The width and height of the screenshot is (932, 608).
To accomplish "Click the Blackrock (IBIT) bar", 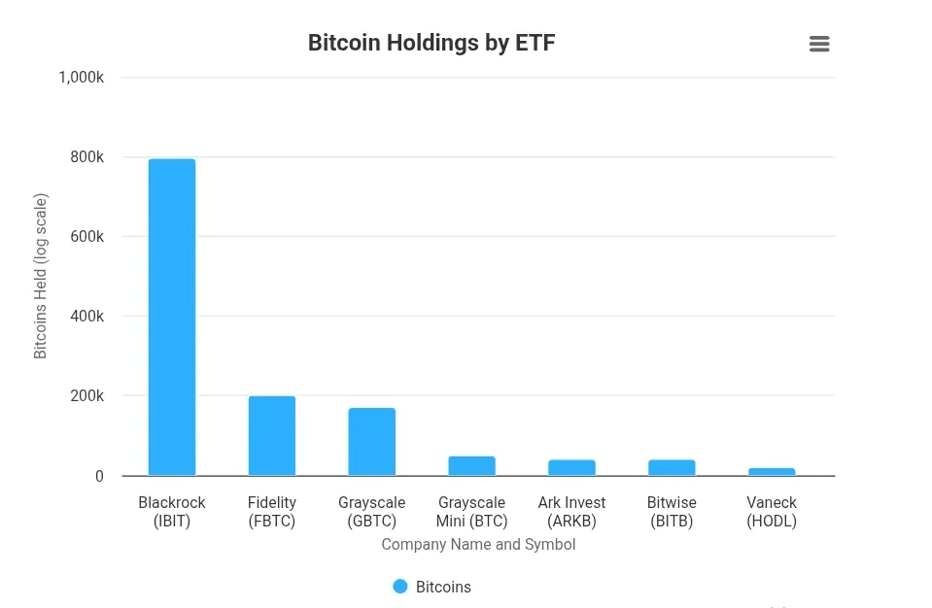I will pyautogui.click(x=172, y=318).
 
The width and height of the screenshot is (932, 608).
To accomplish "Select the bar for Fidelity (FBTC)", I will pyautogui.click(x=272, y=436).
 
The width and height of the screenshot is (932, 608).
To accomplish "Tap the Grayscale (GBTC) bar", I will pyautogui.click(x=372, y=442).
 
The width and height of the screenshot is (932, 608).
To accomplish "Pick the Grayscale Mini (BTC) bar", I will pyautogui.click(x=472, y=466).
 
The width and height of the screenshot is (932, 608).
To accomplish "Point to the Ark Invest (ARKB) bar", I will pyautogui.click(x=571, y=468).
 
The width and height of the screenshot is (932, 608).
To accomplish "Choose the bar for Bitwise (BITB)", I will pyautogui.click(x=672, y=468).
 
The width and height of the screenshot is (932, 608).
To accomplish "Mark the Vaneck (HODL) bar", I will pyautogui.click(x=772, y=472).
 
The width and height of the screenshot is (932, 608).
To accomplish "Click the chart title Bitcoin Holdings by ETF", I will pyautogui.click(x=431, y=43).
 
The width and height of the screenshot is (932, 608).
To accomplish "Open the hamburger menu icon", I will pyautogui.click(x=819, y=44).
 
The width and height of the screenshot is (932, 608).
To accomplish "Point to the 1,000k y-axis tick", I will pyautogui.click(x=82, y=77).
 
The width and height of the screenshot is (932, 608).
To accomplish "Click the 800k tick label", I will pyautogui.click(x=87, y=157).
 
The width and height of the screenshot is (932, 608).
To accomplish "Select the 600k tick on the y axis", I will pyautogui.click(x=87, y=237).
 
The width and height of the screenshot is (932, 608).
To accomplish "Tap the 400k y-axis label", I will pyautogui.click(x=87, y=317).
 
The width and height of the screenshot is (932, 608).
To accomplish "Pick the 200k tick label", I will pyautogui.click(x=87, y=396).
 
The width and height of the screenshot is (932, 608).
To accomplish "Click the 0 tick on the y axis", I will pyautogui.click(x=99, y=476).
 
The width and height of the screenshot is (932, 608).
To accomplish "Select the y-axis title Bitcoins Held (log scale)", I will pyautogui.click(x=41, y=277).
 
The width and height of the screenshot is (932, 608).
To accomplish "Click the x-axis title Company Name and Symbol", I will pyautogui.click(x=478, y=544).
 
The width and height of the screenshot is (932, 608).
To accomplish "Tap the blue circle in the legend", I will pyautogui.click(x=400, y=587).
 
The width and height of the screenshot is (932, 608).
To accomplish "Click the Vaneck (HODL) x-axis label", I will pyautogui.click(x=772, y=512).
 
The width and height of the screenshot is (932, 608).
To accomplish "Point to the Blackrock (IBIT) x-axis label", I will pyautogui.click(x=172, y=512).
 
